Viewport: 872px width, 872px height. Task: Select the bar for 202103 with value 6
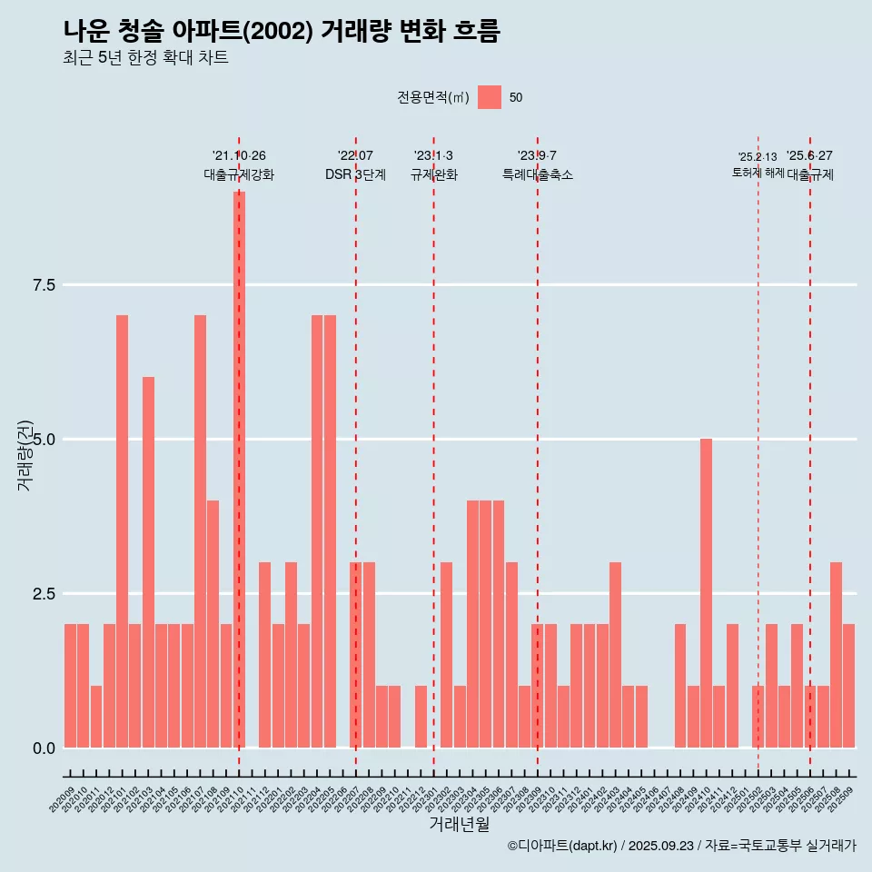pyautogui.click(x=148, y=562)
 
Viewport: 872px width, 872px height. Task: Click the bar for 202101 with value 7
pyautogui.click(x=122, y=531)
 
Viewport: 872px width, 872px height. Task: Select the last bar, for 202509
pyautogui.click(x=848, y=686)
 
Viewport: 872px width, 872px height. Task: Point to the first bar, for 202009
pyautogui.click(x=70, y=686)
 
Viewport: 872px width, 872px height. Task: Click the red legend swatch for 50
pyautogui.click(x=490, y=97)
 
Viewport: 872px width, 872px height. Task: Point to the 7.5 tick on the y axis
pyautogui.click(x=44, y=285)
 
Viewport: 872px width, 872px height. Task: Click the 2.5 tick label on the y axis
pyautogui.click(x=44, y=594)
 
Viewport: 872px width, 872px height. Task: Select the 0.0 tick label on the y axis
pyautogui.click(x=44, y=748)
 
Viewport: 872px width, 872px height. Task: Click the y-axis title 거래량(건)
pyautogui.click(x=25, y=455)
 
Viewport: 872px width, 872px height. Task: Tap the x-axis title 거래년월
pyautogui.click(x=459, y=825)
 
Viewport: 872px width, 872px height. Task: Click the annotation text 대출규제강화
pyautogui.click(x=239, y=175)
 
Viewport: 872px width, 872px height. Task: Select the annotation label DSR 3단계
pyautogui.click(x=355, y=175)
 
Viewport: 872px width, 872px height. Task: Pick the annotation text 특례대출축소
pyautogui.click(x=538, y=175)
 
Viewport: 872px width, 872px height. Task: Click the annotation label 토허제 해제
pyautogui.click(x=758, y=173)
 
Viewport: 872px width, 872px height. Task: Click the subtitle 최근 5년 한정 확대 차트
pyautogui.click(x=145, y=58)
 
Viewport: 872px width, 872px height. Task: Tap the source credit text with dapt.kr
pyautogui.click(x=681, y=846)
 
